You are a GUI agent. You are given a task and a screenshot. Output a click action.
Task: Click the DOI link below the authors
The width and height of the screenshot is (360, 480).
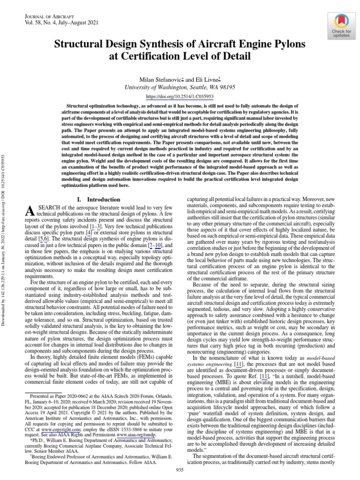point(180,96)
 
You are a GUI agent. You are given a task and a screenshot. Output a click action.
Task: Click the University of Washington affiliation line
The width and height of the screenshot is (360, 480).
point(180,87)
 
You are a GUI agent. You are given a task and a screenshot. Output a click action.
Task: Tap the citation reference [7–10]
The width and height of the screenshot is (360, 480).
point(155,245)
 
